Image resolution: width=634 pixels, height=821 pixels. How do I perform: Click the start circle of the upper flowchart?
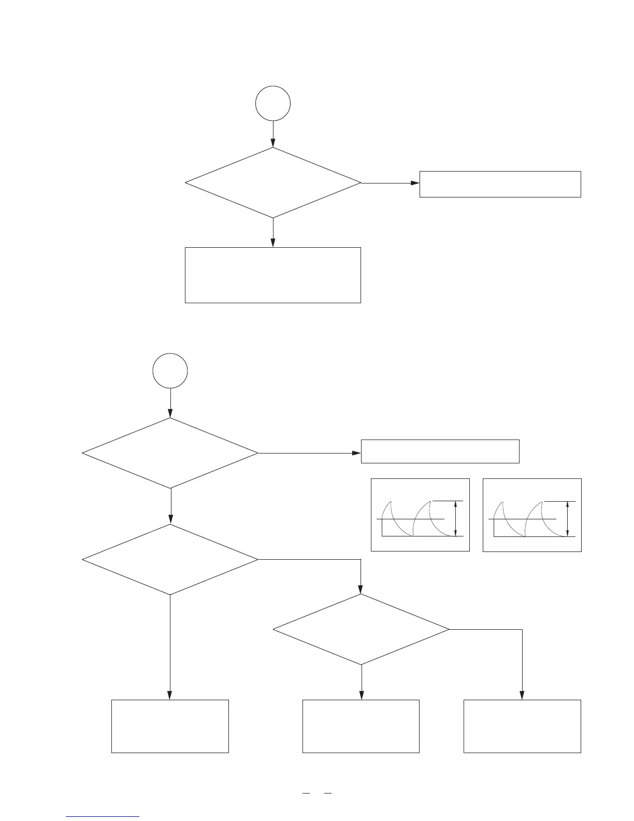(x=273, y=104)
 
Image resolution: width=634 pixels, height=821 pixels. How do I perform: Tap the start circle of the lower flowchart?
(x=170, y=371)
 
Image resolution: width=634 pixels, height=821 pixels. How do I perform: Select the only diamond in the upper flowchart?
(x=273, y=183)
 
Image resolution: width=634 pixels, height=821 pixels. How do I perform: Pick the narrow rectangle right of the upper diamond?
(x=500, y=184)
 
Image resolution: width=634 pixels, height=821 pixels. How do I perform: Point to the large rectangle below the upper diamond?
(x=273, y=275)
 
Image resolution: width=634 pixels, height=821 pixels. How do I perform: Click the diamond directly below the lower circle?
(x=170, y=453)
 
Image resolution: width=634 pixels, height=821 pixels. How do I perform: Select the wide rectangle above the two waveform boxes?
(x=440, y=451)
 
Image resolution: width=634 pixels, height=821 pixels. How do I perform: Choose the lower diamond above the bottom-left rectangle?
(x=170, y=560)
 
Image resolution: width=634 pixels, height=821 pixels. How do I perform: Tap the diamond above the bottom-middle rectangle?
(x=361, y=629)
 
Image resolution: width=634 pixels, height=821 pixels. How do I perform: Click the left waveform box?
(x=421, y=515)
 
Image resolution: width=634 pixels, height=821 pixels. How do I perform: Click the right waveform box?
(x=532, y=515)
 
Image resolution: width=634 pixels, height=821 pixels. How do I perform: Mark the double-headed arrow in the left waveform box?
(x=455, y=518)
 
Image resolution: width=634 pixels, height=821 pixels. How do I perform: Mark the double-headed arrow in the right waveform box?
(x=568, y=518)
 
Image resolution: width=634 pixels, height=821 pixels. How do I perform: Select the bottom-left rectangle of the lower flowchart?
(x=170, y=726)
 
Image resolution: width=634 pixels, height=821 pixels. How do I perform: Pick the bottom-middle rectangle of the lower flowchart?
(x=361, y=726)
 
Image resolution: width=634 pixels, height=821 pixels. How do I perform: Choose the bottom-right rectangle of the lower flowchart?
(x=522, y=726)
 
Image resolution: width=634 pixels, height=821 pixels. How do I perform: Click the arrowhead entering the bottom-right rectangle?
(x=522, y=696)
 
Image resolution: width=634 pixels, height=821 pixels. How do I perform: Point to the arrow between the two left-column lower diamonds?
(x=170, y=506)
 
